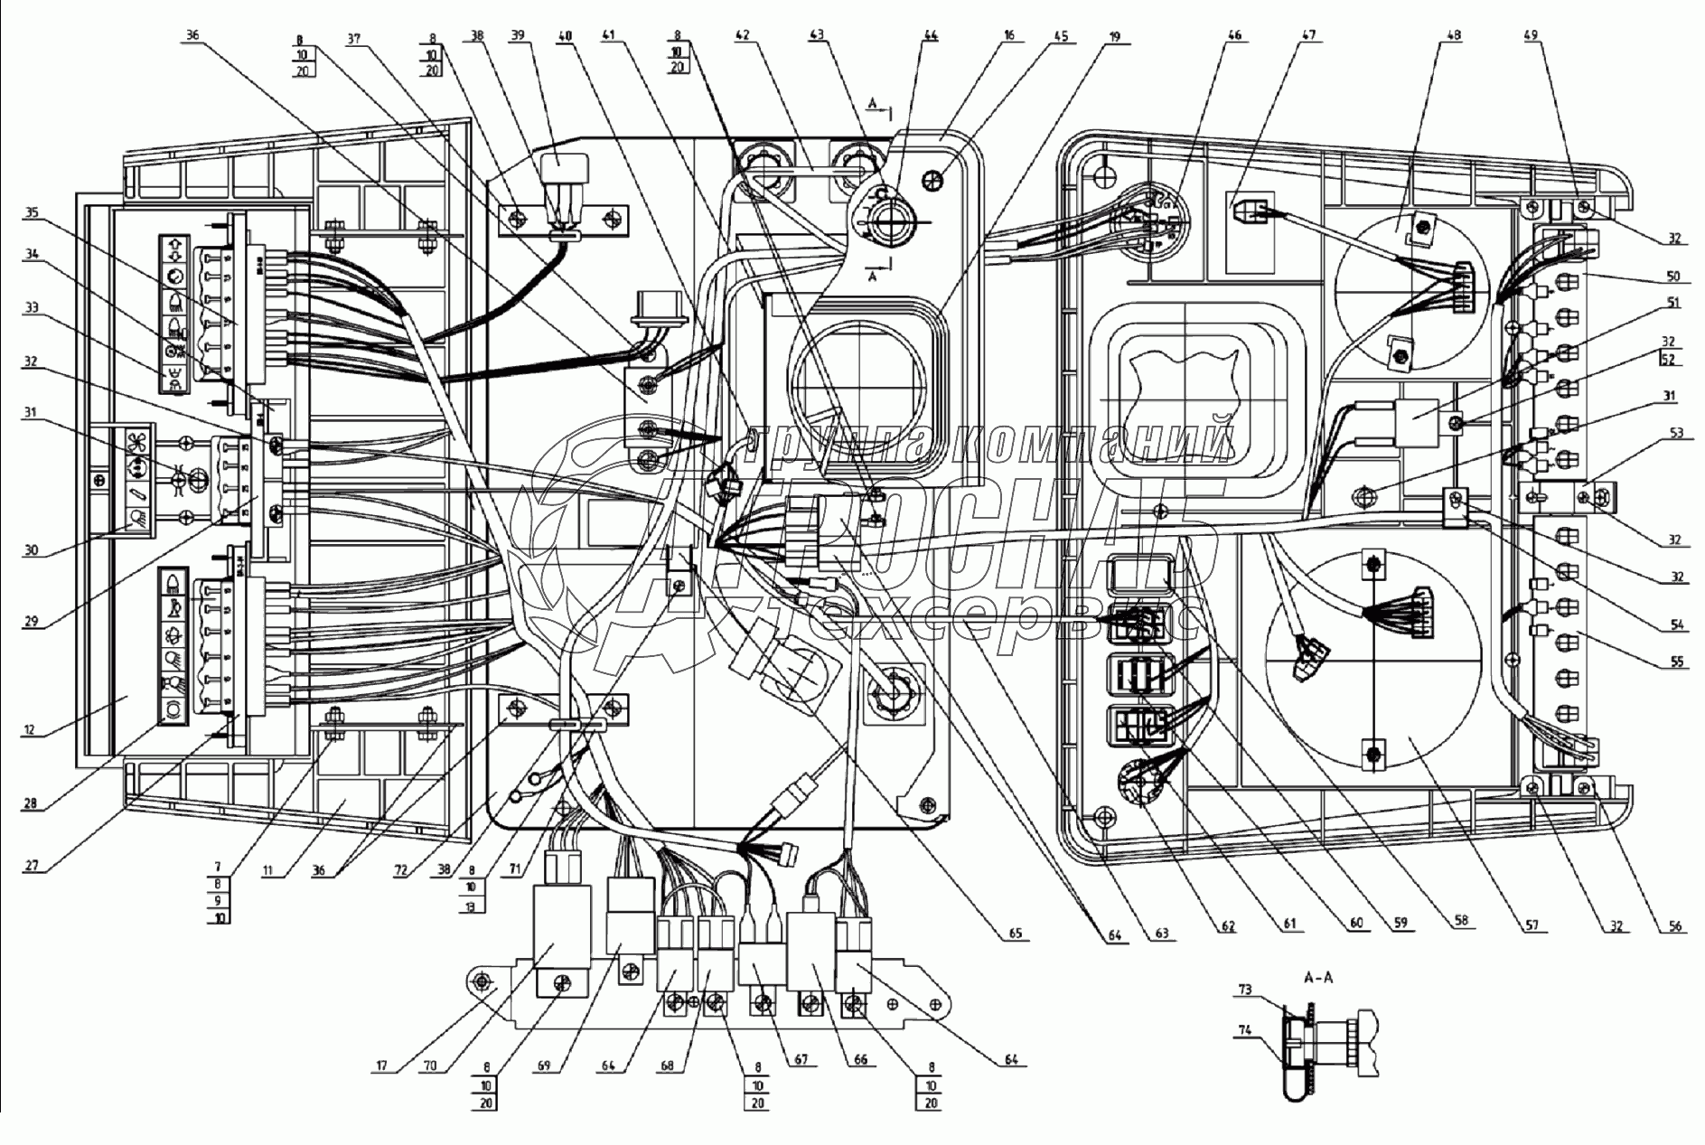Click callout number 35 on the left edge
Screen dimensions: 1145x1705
pyautogui.click(x=33, y=214)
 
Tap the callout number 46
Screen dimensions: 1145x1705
pyautogui.click(x=1235, y=36)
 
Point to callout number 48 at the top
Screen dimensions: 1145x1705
pyautogui.click(x=1455, y=36)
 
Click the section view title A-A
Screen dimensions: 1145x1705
pyautogui.click(x=1318, y=977)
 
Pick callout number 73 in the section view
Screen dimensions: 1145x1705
pyautogui.click(x=1245, y=991)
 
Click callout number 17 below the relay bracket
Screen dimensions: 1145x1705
pyautogui.click(x=381, y=1066)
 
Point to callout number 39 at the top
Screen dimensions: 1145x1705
pyautogui.click(x=518, y=36)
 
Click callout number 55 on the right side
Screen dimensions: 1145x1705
pyautogui.click(x=1676, y=662)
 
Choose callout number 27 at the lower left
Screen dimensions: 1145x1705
pyautogui.click(x=33, y=864)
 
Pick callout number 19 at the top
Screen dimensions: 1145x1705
pyautogui.click(x=1115, y=36)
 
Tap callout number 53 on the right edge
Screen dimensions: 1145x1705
pyautogui.click(x=1676, y=435)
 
